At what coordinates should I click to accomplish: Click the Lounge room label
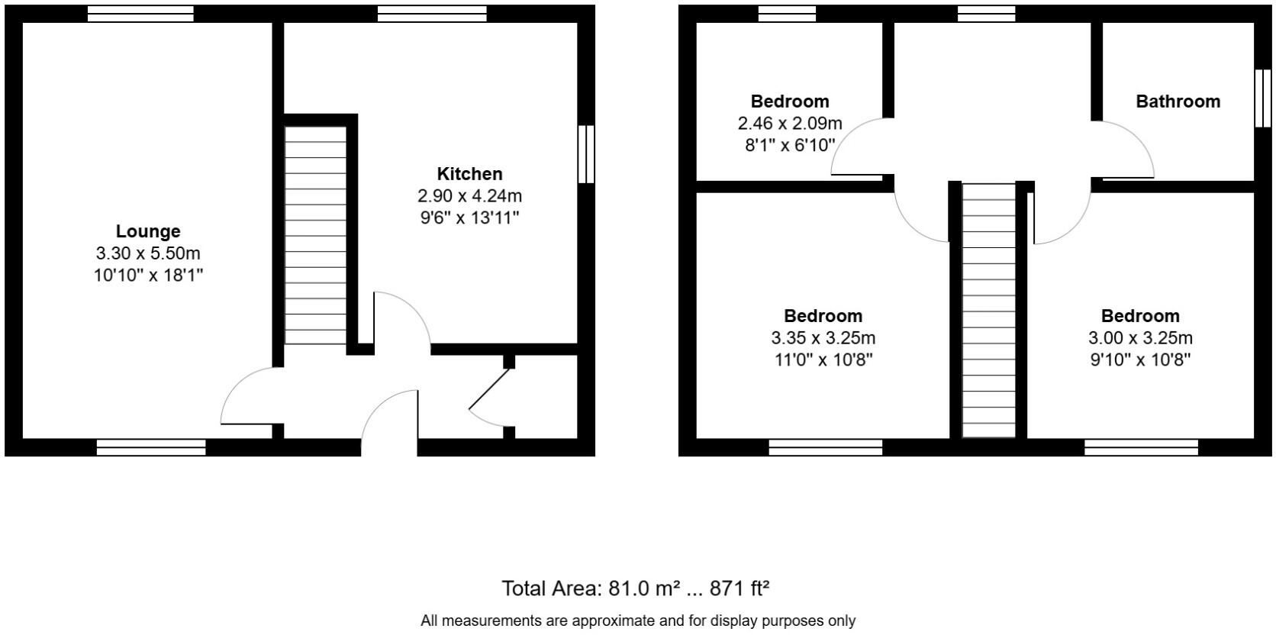[148, 231]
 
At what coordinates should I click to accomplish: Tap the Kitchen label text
[469, 174]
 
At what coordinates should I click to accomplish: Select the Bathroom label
[1178, 102]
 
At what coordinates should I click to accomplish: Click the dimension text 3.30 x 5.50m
[148, 253]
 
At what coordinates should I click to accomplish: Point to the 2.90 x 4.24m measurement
[469, 196]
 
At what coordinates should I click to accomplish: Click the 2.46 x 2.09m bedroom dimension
[790, 124]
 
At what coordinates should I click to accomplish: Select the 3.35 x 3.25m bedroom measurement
[823, 338]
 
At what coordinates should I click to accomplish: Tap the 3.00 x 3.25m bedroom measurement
[1140, 338]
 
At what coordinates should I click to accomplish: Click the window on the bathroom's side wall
[1263, 98]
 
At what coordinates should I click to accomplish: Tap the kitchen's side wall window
[585, 154]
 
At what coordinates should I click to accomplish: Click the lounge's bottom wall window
[151, 447]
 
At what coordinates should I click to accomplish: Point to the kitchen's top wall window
[432, 14]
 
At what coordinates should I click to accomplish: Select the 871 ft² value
[739, 588]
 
